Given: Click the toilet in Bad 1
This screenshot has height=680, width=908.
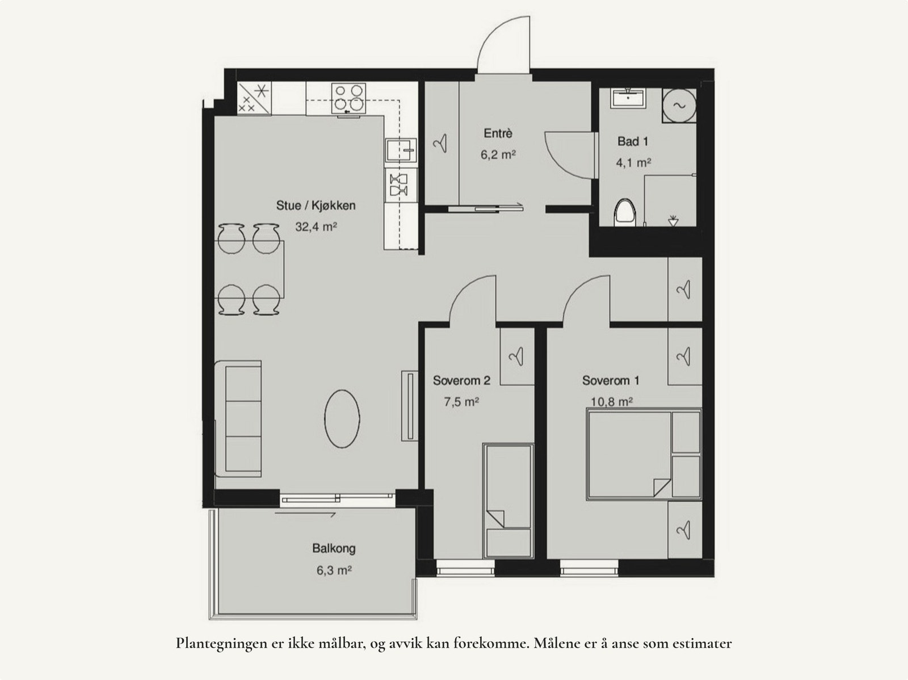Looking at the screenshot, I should [x=625, y=213].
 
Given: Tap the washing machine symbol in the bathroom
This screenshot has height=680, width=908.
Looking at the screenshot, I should [x=679, y=105].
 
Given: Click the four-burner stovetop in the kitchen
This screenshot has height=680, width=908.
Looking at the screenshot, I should [x=348, y=97].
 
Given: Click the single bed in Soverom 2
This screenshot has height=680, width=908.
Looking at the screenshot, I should [x=508, y=499].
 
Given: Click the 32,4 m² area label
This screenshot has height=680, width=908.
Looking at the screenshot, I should [x=316, y=227].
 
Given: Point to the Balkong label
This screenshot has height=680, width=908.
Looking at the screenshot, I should [x=334, y=548].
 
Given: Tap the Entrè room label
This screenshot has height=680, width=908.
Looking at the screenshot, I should [x=498, y=133].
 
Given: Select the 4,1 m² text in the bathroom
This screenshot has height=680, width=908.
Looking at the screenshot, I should [x=633, y=163].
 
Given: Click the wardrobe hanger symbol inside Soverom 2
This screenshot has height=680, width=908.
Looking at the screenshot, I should [x=516, y=356].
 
